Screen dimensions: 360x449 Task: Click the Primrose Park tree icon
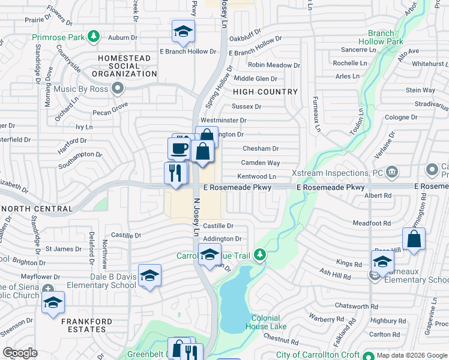[x=93, y=37]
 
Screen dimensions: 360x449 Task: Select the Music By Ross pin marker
[x=118, y=89]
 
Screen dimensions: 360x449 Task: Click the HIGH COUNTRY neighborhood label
[x=265, y=92]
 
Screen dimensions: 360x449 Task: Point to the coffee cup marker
[x=179, y=148]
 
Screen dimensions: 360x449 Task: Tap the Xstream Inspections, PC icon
[x=392, y=172]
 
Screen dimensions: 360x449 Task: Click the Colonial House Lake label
[x=265, y=323]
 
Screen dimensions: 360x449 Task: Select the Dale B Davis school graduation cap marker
[x=149, y=275]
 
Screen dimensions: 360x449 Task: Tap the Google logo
[x=20, y=353]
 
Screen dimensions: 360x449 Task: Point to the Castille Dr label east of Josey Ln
[x=218, y=226]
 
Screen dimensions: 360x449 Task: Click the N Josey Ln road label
[x=196, y=217]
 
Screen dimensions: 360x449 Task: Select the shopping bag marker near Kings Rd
[x=414, y=239]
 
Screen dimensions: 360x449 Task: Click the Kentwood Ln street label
[x=256, y=176]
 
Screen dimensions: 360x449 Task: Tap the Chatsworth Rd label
[x=356, y=306]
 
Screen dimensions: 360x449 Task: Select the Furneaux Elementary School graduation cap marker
[x=382, y=262]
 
